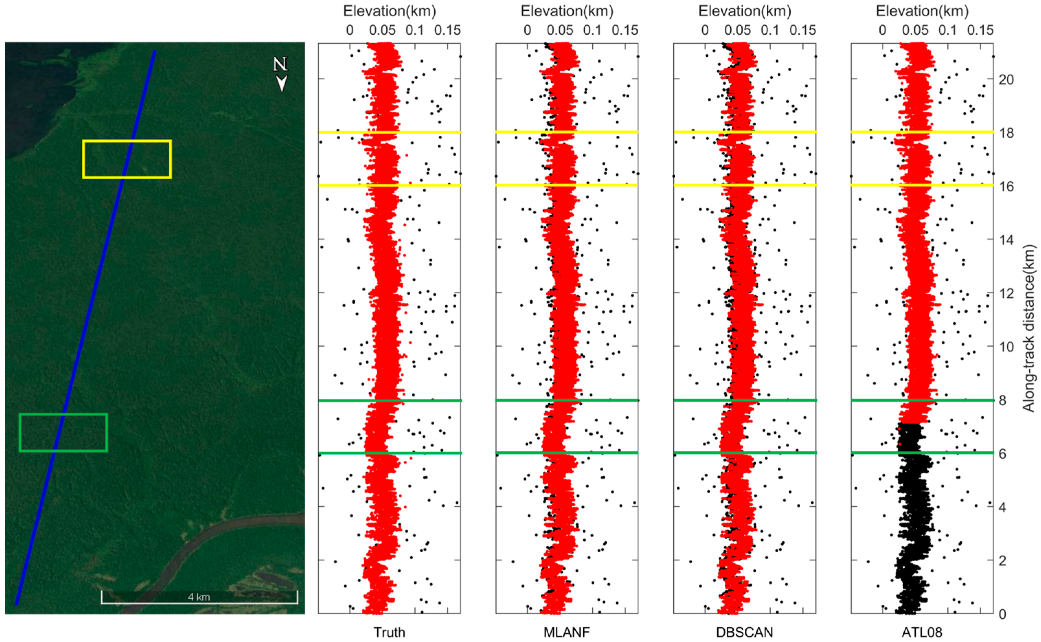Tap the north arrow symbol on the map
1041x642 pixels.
pyautogui.click(x=281, y=74)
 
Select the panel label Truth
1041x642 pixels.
pyautogui.click(x=389, y=633)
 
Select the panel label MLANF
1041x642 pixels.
pyautogui.click(x=567, y=633)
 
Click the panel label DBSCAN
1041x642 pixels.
pyautogui.click(x=744, y=633)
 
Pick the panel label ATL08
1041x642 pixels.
pyautogui.click(x=922, y=633)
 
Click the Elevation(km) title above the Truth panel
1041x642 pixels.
pyautogui.click(x=389, y=11)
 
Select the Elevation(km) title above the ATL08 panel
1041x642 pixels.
pyautogui.click(x=922, y=11)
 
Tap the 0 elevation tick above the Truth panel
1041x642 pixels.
pyautogui.click(x=349, y=30)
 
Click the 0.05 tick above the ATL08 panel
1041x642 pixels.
pyautogui.click(x=915, y=30)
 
